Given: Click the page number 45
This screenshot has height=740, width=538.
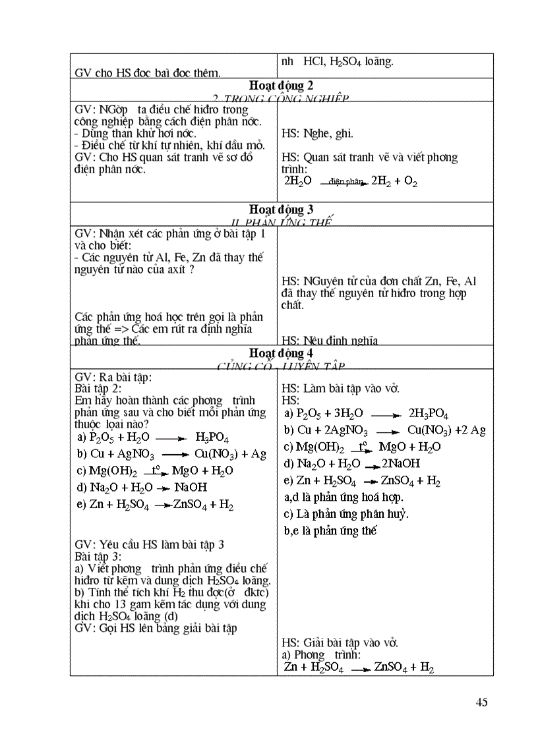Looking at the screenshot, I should coord(481,702).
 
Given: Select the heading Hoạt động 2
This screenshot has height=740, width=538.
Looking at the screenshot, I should coord(282,86).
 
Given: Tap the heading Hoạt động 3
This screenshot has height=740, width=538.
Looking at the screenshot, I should coord(282,210).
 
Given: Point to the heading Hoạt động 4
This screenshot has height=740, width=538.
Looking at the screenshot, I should coord(282,353).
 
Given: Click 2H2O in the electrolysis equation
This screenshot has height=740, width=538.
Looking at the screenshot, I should coord(297,180).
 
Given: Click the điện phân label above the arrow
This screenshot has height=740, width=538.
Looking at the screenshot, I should coord(346,181).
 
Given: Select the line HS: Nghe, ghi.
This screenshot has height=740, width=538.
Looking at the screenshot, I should coord(317,134).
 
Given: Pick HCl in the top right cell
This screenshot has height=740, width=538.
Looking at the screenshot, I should coord(314,62).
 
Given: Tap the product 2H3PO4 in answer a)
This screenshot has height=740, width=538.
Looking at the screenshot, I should coord(429,414).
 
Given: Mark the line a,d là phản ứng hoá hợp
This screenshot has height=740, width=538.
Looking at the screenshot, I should coord(344,498).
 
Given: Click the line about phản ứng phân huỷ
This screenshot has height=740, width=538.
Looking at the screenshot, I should coord(346,514).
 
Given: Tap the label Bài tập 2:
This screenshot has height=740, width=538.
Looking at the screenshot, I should coord(98,388).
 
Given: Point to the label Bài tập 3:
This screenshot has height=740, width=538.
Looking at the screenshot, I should coord(98,556).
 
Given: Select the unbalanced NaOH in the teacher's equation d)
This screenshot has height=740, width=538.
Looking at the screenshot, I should coord(191,488).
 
